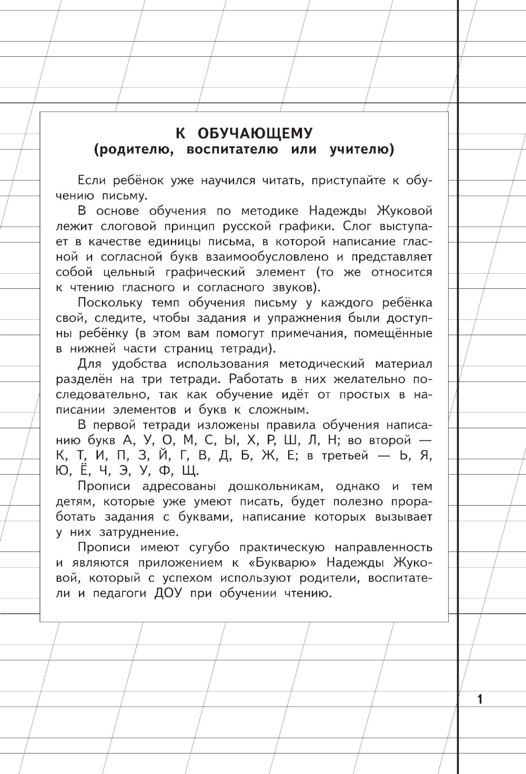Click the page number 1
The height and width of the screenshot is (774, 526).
(x=479, y=699)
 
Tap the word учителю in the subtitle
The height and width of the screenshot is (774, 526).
(x=362, y=149)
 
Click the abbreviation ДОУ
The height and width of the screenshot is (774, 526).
(x=168, y=593)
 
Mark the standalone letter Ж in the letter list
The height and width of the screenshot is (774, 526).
(x=269, y=456)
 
